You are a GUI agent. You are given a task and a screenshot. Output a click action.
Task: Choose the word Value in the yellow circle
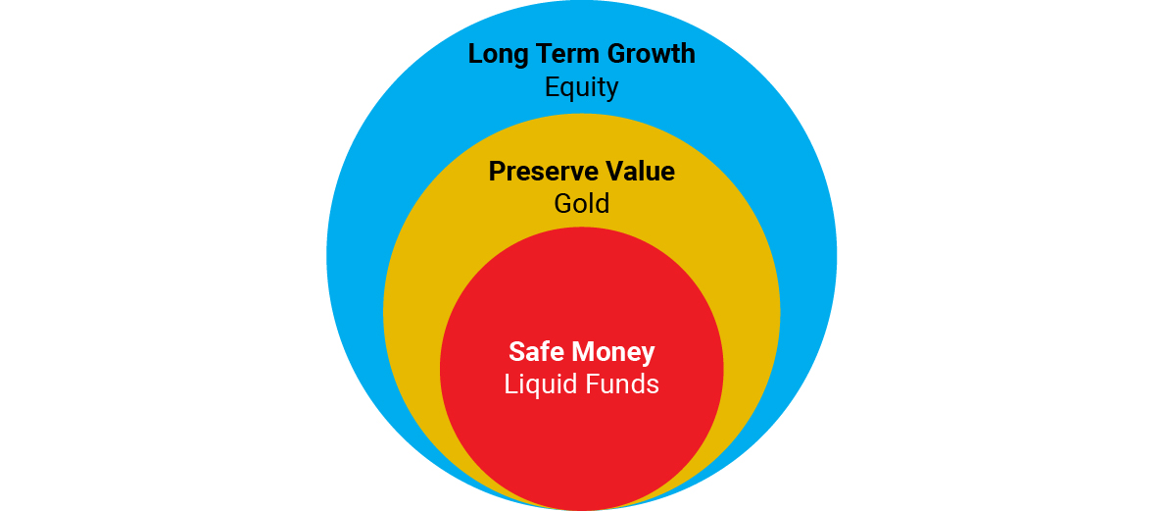639,172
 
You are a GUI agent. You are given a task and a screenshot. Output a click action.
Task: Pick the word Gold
581,203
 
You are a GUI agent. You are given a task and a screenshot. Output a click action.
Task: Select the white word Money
611,353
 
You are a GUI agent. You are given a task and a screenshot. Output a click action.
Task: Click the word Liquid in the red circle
540,385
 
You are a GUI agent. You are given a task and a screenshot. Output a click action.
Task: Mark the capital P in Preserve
497,172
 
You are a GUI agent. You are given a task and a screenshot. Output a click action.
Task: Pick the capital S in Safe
516,351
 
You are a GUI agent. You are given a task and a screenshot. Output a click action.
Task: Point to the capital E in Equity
552,87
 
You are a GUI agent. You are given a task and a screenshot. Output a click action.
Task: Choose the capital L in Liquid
510,384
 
